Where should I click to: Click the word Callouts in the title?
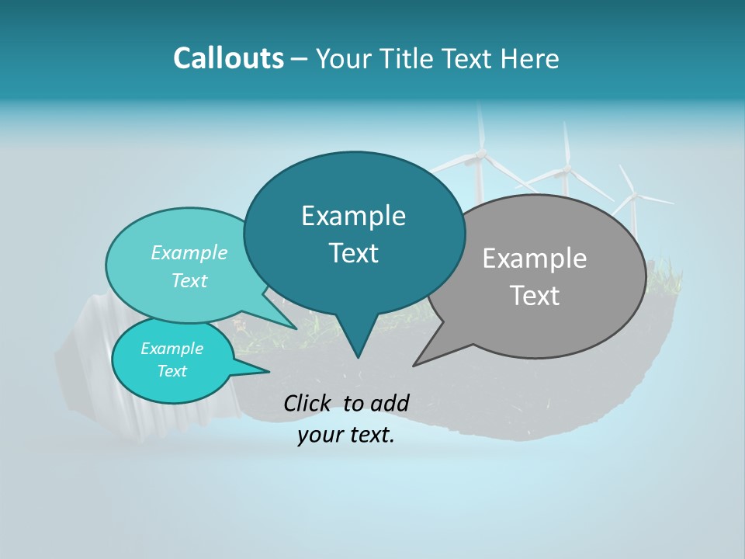coord(228,58)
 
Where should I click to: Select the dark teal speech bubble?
coord(354,233)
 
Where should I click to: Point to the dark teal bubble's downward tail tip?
coord(358,357)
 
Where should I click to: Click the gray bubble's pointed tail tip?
coord(414,365)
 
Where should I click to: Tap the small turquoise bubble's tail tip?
coord(269,371)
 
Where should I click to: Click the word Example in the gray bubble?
coord(535,259)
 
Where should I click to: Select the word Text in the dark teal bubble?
coord(354,253)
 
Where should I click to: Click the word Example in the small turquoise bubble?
coord(172,349)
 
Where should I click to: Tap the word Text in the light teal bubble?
coord(189,281)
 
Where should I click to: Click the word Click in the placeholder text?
coord(309,402)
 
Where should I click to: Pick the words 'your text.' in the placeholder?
coord(346,435)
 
